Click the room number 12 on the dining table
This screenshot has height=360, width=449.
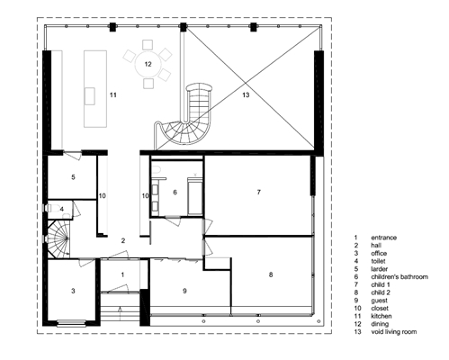coord(148,64)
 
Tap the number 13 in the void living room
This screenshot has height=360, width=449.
coord(246,95)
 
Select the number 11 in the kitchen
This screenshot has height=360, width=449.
coord(112,95)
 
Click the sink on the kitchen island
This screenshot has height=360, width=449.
coord(90,96)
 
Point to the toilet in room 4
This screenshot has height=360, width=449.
coord(55,208)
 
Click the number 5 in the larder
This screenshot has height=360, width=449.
coord(73,177)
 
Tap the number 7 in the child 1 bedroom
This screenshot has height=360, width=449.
coord(259,192)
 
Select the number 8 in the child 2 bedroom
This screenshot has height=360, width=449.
coord(271,274)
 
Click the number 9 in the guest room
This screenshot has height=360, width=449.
coord(184,291)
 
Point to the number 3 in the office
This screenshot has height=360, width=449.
coord(73,291)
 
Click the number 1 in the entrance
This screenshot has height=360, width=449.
coord(122,274)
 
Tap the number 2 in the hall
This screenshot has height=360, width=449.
coord(123,240)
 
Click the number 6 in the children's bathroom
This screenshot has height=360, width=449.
coord(175,193)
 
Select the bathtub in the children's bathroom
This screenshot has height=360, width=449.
coord(195,196)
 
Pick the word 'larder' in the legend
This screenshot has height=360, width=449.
coord(379,269)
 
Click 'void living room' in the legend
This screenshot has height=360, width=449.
coord(394,332)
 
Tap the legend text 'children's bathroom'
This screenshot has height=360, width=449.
coord(400,277)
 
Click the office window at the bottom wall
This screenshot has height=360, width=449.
coord(71,323)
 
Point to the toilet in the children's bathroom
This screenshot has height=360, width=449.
coord(157,170)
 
